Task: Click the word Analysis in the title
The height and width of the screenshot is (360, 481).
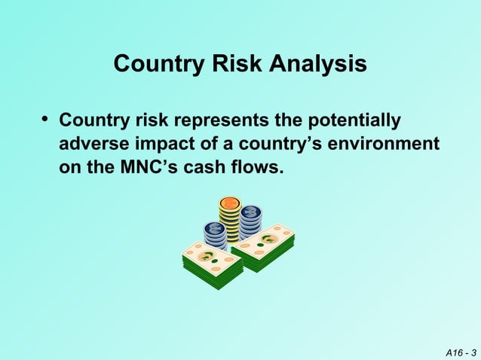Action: [x=320, y=65]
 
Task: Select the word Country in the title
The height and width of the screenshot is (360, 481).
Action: [x=157, y=65]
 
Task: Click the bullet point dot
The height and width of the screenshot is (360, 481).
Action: [x=45, y=120]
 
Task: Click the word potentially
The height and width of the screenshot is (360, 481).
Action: [x=353, y=121]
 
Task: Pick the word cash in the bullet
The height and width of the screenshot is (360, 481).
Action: [x=209, y=166]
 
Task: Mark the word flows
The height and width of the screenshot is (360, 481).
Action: [x=259, y=166]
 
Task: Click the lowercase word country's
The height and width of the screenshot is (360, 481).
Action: [x=268, y=143]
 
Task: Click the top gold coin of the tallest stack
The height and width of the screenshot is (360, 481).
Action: [x=229, y=203]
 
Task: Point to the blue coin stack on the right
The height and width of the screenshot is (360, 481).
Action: [x=251, y=220]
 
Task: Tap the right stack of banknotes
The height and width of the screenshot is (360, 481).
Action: [x=263, y=247]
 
